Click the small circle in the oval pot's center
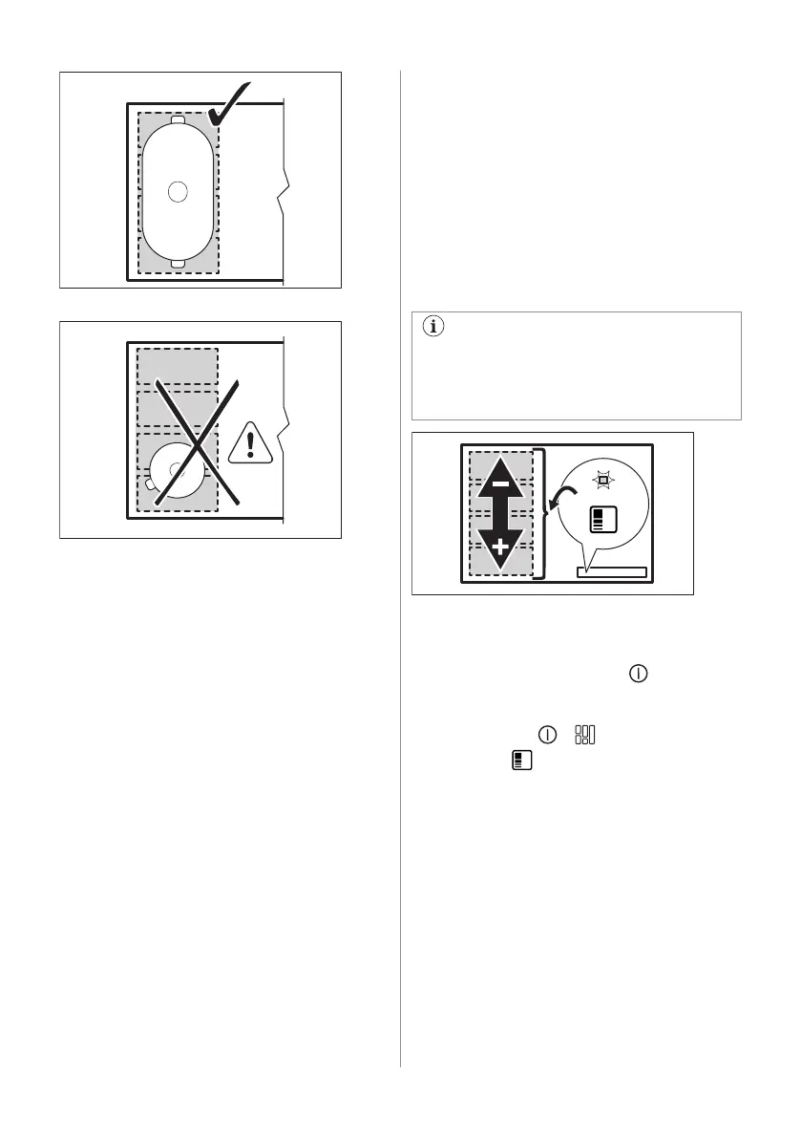tap(177, 191)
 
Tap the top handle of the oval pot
tap(177, 120)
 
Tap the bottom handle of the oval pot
tap(177, 264)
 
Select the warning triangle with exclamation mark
tap(249, 445)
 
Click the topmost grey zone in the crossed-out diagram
tap(178, 365)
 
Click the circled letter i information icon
tap(432, 326)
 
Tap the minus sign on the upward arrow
tap(499, 470)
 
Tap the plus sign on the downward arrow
tap(499, 550)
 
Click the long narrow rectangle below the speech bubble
tap(611, 571)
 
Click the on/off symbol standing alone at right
tap(638, 675)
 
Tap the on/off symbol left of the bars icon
tap(547, 735)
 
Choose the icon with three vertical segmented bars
tap(584, 735)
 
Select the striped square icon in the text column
tap(520, 761)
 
